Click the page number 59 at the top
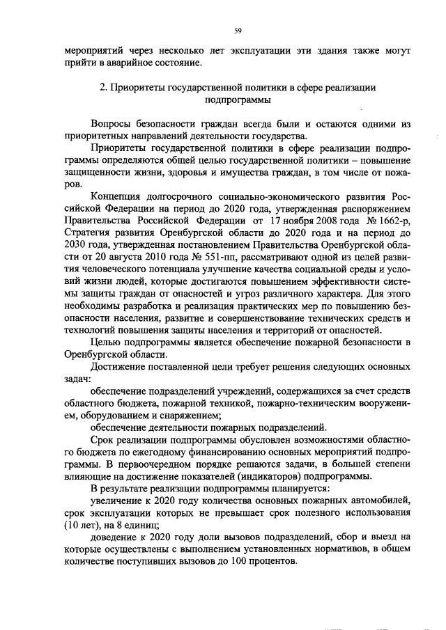237,31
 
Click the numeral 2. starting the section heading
102,88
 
